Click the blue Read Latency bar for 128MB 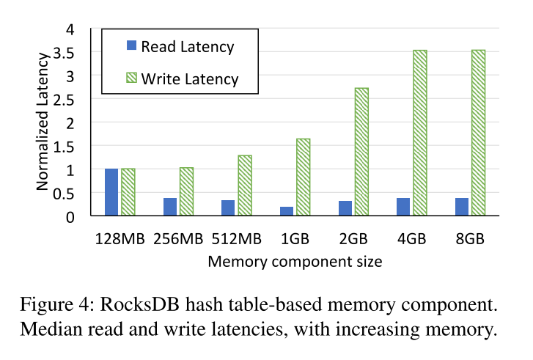[x=111, y=192]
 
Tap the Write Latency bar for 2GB [x=361, y=152]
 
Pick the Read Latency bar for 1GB [x=287, y=211]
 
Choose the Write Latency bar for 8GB [x=478, y=133]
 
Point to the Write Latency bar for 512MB [x=245, y=185]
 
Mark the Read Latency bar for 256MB [x=170, y=207]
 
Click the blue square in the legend [x=132, y=45]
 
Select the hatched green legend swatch [x=132, y=78]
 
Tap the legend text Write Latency [x=190, y=78]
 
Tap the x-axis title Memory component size [x=295, y=260]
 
